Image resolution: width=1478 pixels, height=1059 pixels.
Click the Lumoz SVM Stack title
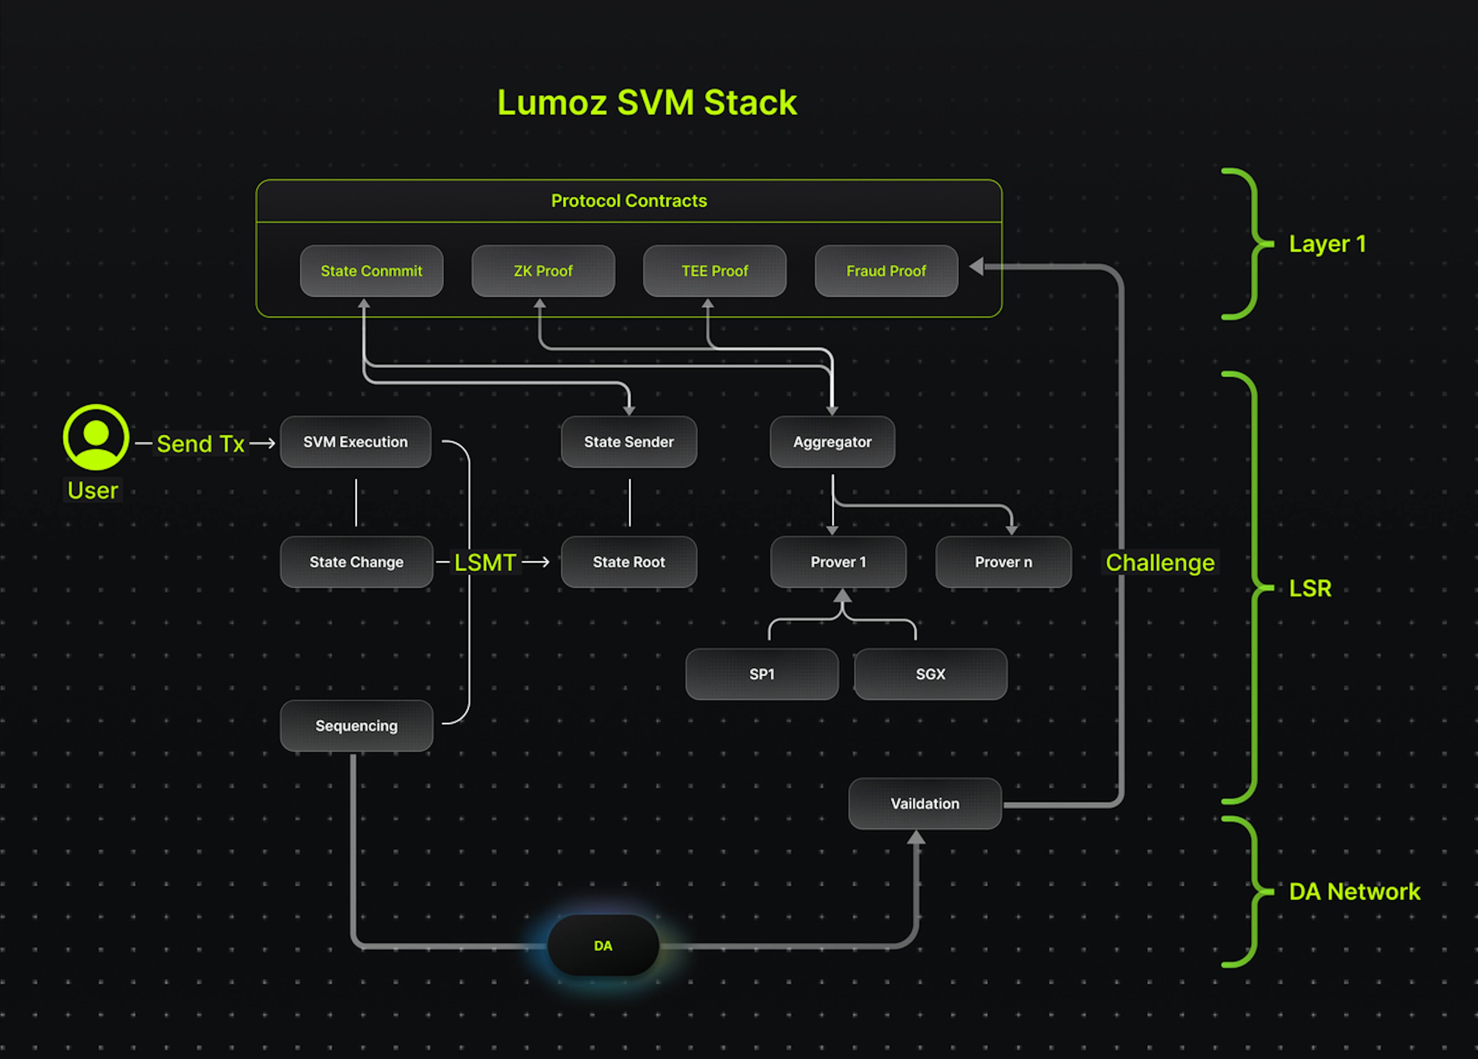click(647, 103)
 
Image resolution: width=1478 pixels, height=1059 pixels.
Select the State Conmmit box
click(371, 271)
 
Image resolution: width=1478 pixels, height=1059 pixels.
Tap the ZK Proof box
click(543, 271)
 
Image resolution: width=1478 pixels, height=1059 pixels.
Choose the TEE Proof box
click(714, 271)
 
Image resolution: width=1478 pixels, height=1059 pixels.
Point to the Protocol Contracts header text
click(629, 201)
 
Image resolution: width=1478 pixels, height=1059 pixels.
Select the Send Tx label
click(200, 444)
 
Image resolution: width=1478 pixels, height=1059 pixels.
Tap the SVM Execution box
click(355, 442)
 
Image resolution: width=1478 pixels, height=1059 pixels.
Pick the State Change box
click(356, 562)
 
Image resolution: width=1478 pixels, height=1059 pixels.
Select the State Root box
click(629, 562)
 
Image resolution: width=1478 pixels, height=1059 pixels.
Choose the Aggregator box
click(832, 442)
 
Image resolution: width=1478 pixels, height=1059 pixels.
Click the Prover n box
click(1003, 562)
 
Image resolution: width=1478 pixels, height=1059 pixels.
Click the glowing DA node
click(603, 945)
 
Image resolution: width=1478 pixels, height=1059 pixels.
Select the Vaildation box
click(925, 803)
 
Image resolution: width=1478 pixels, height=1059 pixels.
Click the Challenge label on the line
click(1160, 562)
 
